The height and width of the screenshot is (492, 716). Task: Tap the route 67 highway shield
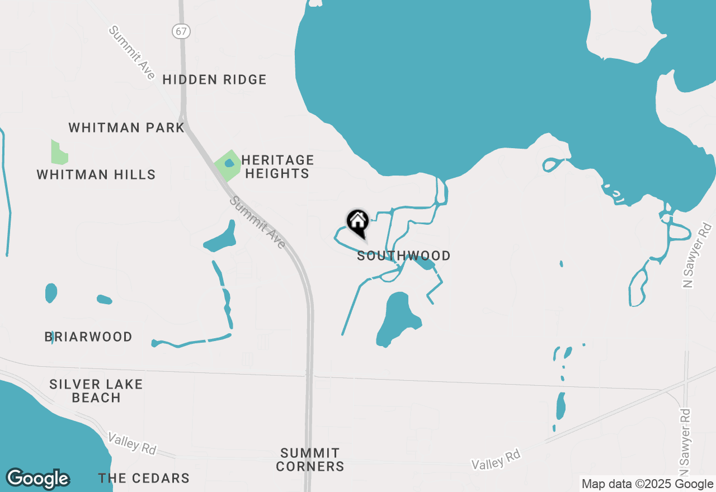pos(181,31)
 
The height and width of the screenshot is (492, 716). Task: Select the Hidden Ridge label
pos(214,79)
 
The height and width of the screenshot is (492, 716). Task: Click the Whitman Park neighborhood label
pos(126,127)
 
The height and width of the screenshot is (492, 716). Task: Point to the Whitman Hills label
pos(96,174)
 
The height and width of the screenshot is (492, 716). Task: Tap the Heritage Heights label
pos(277,167)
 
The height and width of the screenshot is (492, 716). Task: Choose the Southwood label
pos(404,256)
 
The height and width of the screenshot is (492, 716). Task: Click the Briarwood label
pos(88,337)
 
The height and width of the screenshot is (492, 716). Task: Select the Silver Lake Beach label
pos(96,391)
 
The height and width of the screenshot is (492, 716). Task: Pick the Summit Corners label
pos(310,459)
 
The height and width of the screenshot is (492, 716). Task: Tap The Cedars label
pos(144,478)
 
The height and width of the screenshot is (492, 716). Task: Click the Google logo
pos(37,479)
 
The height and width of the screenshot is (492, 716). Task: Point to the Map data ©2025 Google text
pos(647,484)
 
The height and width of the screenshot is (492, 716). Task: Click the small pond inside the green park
pos(229,163)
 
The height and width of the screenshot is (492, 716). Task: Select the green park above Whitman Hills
pos(58,153)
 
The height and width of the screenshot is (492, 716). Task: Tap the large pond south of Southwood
pos(397,319)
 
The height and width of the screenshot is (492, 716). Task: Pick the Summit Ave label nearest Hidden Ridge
pos(132,53)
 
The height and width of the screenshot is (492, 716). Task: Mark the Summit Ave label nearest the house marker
pos(257,222)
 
